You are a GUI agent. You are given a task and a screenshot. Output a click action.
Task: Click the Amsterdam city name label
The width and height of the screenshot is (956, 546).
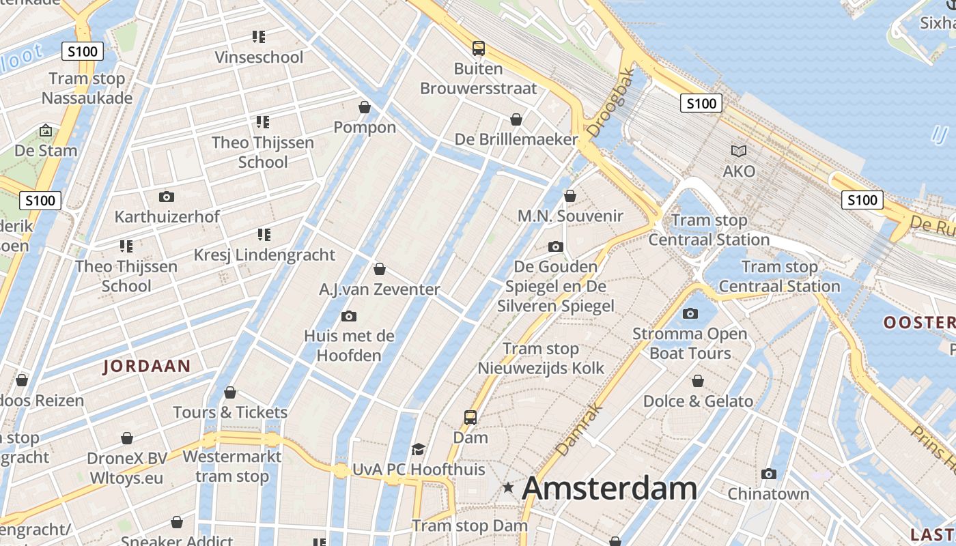609,489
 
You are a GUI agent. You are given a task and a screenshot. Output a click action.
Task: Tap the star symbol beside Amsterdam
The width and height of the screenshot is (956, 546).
508,487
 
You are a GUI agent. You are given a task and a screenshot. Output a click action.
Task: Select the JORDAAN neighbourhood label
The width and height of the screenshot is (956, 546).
147,366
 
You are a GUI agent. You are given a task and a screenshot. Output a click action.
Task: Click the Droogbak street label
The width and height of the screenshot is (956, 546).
611,102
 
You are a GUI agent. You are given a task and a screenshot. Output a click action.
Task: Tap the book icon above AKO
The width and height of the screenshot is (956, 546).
739,151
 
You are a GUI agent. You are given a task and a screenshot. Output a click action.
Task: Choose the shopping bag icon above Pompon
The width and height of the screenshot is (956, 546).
365,107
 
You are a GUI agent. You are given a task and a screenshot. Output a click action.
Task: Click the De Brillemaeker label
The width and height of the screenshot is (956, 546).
516,139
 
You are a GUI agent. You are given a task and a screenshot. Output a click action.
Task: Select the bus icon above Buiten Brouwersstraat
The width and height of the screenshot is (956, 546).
479,48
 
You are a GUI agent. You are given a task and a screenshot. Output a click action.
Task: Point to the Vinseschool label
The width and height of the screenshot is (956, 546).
259,57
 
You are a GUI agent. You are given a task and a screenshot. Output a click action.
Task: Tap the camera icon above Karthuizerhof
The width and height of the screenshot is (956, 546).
166,197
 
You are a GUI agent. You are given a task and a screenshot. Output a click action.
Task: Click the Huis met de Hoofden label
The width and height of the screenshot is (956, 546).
349,345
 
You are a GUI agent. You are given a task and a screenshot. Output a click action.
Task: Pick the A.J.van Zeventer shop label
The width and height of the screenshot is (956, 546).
380,289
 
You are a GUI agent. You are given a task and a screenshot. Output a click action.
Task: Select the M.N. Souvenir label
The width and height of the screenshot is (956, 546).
570,216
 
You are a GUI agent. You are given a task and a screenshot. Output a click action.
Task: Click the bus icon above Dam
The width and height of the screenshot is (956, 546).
470,417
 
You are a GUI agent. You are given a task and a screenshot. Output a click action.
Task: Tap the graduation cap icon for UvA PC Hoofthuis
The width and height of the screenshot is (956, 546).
418,449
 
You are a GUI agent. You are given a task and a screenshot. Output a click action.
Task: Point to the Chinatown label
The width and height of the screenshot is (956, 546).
768,493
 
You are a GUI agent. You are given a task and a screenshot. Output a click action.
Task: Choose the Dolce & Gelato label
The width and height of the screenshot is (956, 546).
698,401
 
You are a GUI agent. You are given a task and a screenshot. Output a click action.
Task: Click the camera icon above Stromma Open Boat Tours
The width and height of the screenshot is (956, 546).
690,314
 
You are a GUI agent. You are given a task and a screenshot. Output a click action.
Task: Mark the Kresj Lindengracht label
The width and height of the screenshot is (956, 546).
264,255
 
